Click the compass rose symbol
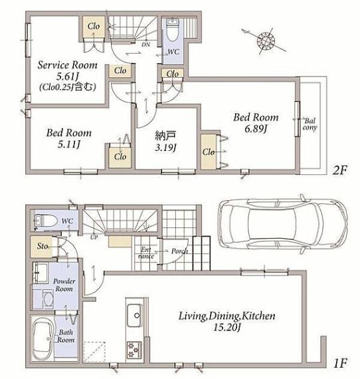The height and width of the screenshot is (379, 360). (x=266, y=41)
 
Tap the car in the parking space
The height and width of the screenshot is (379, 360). (x=282, y=223)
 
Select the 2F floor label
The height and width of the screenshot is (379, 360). (x=339, y=171)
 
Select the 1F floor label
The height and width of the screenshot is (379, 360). (x=340, y=363)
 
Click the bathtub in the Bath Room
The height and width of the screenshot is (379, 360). (x=42, y=338)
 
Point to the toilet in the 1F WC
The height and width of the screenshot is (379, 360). (x=45, y=221)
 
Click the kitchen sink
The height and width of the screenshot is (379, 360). (x=134, y=315)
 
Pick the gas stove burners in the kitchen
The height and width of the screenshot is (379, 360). (x=134, y=350)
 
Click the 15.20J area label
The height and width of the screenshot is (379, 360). (x=226, y=328)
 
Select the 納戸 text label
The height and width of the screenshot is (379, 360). (x=165, y=136)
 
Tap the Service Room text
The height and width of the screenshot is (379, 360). (x=67, y=65)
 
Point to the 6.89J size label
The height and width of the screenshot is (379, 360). (x=256, y=129)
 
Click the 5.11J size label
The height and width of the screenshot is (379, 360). (x=69, y=144)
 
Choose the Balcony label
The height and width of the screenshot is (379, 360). (x=310, y=124)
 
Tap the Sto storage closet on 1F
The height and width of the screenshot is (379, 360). (x=42, y=247)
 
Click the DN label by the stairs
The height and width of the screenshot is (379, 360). (x=145, y=45)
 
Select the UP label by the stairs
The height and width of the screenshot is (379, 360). (x=94, y=237)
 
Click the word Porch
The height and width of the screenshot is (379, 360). (x=179, y=251)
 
